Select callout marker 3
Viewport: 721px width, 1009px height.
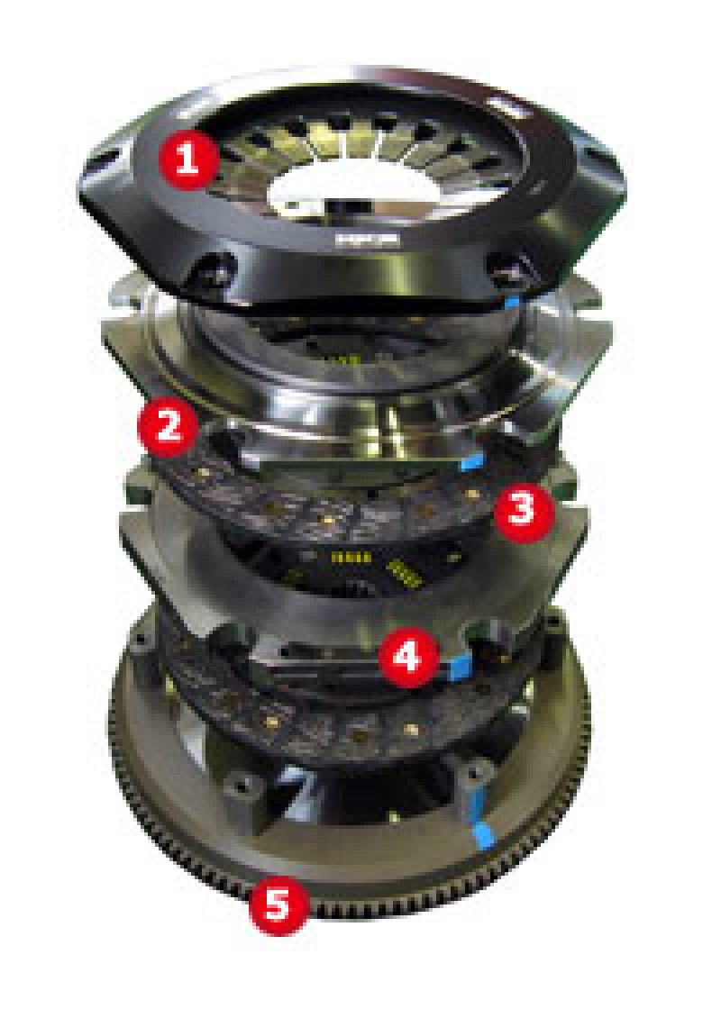pyautogui.click(x=520, y=511)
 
